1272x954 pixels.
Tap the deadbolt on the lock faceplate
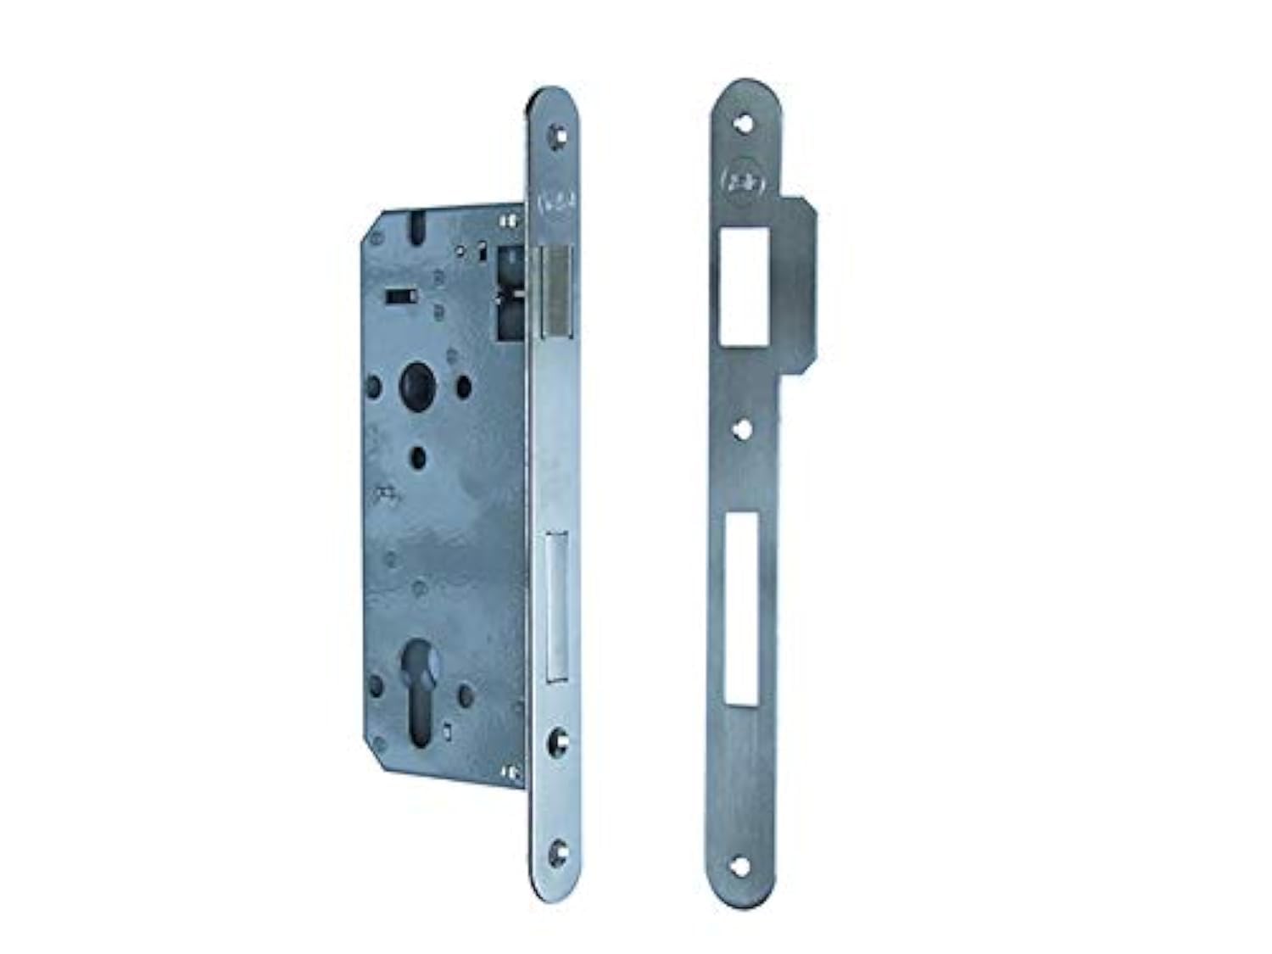[x=556, y=604]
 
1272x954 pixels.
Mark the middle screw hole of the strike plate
[x=745, y=429]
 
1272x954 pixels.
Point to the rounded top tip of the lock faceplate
[x=555, y=95]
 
